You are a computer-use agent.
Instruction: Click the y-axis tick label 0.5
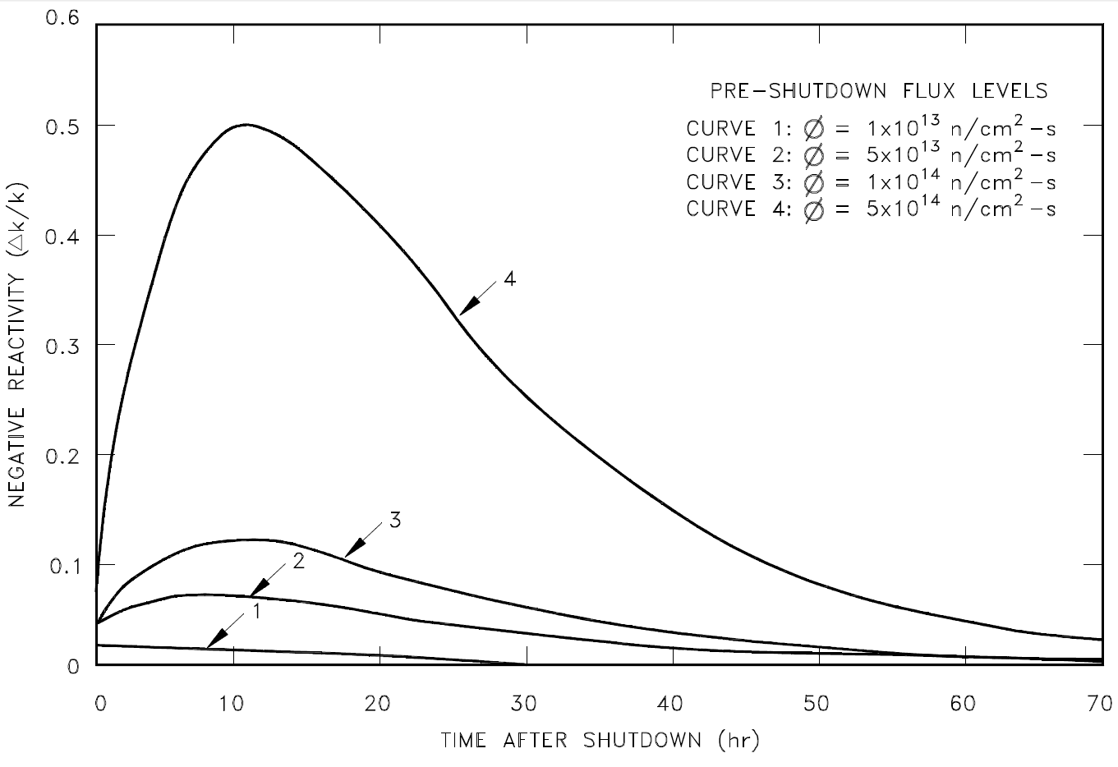click(65, 126)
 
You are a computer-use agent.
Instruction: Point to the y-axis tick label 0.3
click(65, 345)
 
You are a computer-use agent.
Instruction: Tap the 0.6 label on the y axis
click(65, 17)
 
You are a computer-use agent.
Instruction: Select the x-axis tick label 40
click(670, 704)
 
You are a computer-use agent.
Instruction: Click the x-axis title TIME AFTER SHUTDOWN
click(600, 741)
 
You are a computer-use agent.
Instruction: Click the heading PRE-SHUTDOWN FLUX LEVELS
click(879, 90)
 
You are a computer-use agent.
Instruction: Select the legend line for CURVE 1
click(871, 129)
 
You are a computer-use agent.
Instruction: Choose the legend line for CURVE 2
click(871, 154)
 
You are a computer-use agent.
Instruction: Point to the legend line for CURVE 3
click(871, 181)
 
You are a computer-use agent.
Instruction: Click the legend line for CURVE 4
click(871, 208)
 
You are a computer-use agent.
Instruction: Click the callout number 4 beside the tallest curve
click(509, 279)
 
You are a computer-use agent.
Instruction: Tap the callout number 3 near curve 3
click(394, 520)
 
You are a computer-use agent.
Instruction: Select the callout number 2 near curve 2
click(298, 562)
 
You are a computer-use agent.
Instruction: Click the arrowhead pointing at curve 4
click(465, 309)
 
